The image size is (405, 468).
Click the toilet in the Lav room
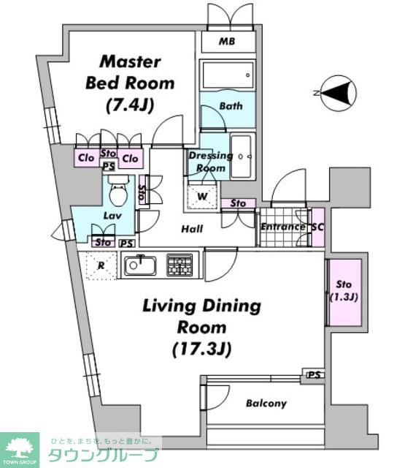pyautogui.click(x=118, y=191)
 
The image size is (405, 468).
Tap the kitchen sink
pyautogui.click(x=140, y=265)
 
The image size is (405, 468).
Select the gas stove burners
pyautogui.click(x=180, y=265)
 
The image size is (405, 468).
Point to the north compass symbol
pyautogui.click(x=339, y=94)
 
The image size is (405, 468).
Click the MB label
pyautogui.click(x=227, y=41)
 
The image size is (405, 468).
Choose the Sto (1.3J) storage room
pyautogui.click(x=344, y=292)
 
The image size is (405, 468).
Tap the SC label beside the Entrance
pyautogui.click(x=317, y=227)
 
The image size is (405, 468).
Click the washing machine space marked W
pyautogui.click(x=203, y=197)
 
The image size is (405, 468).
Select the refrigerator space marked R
pyautogui.click(x=101, y=265)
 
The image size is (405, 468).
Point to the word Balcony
pyautogui.click(x=266, y=404)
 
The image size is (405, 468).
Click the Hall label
pyautogui.click(x=193, y=229)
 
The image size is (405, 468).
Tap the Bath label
pyautogui.click(x=231, y=106)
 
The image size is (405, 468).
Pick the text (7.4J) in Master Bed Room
pyautogui.click(x=130, y=105)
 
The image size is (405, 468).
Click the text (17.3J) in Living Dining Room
pyautogui.click(x=201, y=349)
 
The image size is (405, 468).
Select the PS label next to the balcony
pyautogui.click(x=315, y=374)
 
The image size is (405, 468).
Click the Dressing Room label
pyautogui.click(x=211, y=162)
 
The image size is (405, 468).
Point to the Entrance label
pyautogui.click(x=283, y=227)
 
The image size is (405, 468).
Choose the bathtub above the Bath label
pyautogui.click(x=228, y=75)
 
